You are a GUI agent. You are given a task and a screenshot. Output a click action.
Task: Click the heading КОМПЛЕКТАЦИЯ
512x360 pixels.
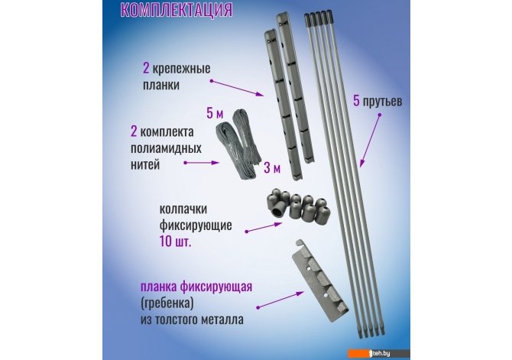click(x=177, y=10)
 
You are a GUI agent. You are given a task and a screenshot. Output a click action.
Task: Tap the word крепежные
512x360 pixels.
click(x=182, y=70)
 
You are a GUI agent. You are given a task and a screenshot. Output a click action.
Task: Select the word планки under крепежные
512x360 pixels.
click(x=161, y=86)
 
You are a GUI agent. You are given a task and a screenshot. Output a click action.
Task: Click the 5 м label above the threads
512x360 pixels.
click(x=215, y=113)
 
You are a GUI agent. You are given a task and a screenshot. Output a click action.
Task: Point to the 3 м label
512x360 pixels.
click(x=272, y=168)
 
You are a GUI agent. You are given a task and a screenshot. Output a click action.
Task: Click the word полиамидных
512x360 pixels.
click(x=166, y=148)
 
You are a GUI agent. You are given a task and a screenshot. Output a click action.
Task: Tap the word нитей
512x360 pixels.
click(x=145, y=164)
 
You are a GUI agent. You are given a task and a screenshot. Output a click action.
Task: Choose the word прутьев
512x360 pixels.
click(x=382, y=102)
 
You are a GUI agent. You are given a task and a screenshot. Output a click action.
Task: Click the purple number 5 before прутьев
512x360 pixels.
click(x=356, y=101)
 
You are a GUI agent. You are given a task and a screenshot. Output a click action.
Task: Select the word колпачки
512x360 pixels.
click(x=183, y=209)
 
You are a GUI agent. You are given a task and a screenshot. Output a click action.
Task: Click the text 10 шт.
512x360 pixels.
click(x=175, y=242)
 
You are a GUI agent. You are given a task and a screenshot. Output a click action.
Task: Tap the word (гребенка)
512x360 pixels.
click(x=167, y=303)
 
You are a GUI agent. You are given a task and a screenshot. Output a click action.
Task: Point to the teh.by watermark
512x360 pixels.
click(x=380, y=353)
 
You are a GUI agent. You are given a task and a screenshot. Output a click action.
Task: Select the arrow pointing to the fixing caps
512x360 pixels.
click(x=264, y=228)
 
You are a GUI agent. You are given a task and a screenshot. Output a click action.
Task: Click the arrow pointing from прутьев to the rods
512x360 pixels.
click(x=370, y=141)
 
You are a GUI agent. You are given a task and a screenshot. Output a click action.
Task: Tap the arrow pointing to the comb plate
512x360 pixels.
click(x=280, y=300)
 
